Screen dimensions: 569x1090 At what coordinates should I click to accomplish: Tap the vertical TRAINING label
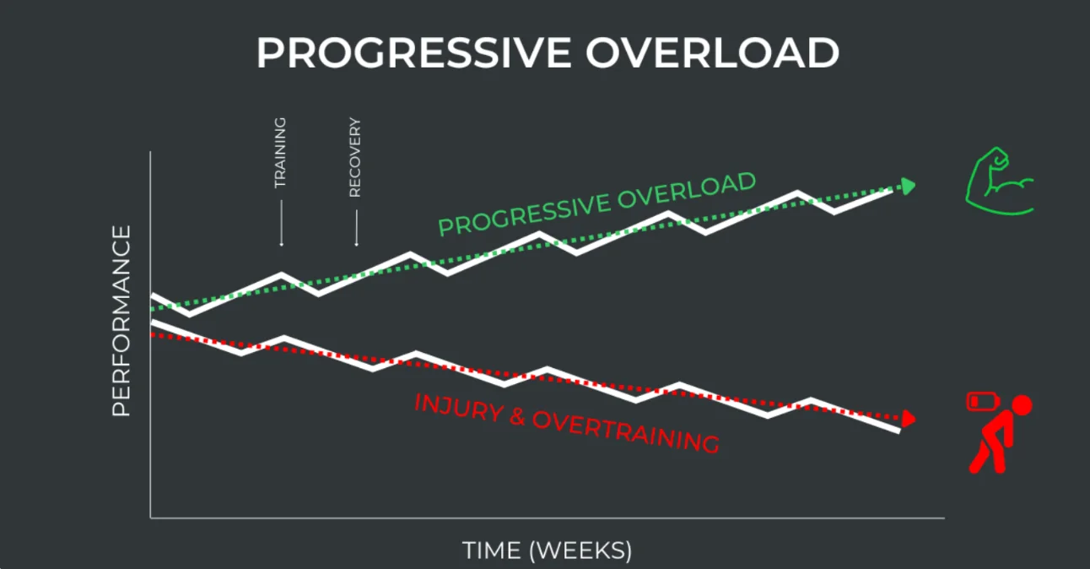[280, 152]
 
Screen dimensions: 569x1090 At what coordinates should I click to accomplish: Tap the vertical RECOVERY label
[355, 157]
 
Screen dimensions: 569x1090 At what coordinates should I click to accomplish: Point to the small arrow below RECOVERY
[356, 228]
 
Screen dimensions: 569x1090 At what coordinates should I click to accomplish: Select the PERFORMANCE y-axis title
[121, 321]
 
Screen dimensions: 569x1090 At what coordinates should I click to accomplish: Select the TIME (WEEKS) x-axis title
[547, 550]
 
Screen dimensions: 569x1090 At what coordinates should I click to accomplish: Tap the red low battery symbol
[979, 401]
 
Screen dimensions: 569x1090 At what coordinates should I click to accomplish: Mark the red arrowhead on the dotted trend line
[908, 418]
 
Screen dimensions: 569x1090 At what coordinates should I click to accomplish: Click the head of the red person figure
[1021, 406]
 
